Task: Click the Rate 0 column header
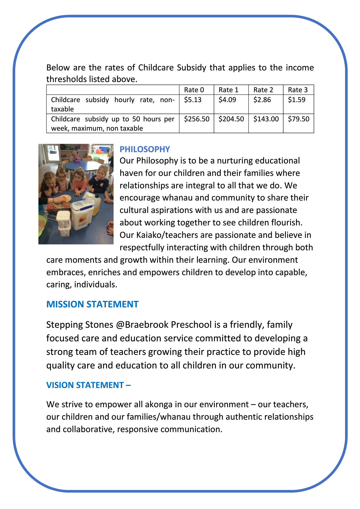[x=194, y=90]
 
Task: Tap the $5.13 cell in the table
[x=193, y=100]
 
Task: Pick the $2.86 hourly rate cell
[x=262, y=100]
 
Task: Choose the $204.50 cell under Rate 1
[x=231, y=119]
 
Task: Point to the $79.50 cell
[x=299, y=119]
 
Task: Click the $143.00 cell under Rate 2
[x=266, y=119]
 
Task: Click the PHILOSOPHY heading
[x=145, y=149]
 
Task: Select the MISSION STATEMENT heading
[x=92, y=304]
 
